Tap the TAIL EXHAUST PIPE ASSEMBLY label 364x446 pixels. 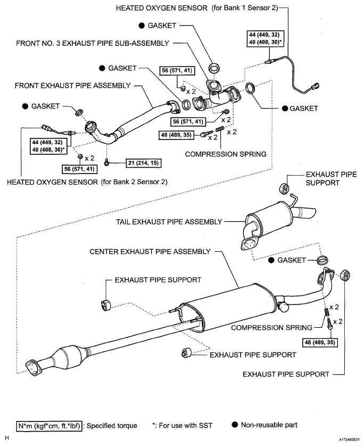coord(169,222)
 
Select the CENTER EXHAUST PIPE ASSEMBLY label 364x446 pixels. coord(150,252)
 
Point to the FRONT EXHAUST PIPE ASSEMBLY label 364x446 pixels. coord(72,86)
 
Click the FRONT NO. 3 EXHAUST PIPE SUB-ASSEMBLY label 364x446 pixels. coord(93,43)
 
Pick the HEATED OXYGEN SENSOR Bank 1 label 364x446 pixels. coord(197,8)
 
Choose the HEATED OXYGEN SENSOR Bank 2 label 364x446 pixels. coord(87,182)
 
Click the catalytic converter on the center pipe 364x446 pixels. coord(70,354)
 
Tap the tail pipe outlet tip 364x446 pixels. coord(308,212)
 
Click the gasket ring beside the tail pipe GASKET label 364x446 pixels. coord(323,260)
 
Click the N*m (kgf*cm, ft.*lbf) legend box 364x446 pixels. coord(49,426)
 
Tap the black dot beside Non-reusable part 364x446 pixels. coord(235,425)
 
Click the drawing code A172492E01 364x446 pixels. coord(350,440)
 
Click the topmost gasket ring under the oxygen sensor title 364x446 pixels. coord(214,68)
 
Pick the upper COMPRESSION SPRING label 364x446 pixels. coord(226,154)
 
